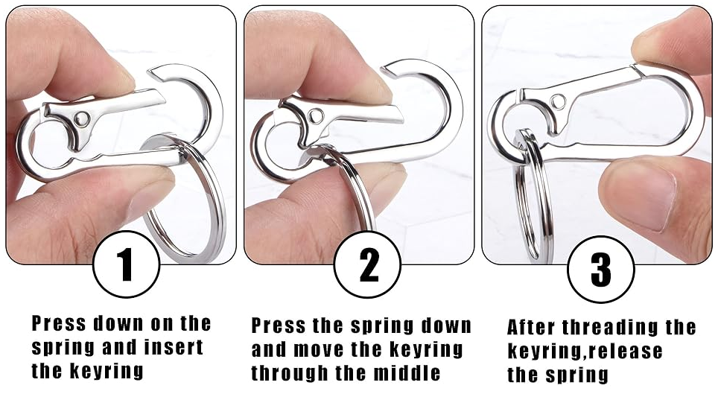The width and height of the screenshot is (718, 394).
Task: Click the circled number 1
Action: click(126, 265)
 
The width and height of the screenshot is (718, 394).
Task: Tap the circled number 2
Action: click(367, 265)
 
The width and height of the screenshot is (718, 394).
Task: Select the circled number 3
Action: click(601, 270)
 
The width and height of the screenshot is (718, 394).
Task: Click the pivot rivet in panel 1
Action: click(82, 118)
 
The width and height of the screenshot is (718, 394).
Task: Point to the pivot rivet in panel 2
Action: click(316, 115)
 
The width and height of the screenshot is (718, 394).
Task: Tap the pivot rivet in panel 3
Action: click(558, 101)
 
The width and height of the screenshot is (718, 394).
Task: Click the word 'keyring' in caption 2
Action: click(427, 350)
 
